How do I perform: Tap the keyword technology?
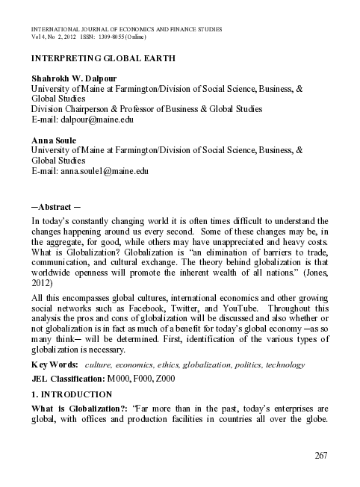click(282, 365)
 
